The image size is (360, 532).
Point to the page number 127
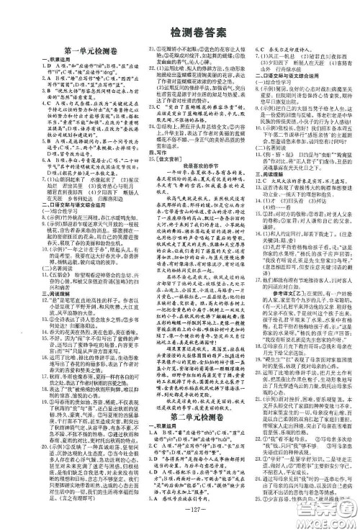click(180, 520)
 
